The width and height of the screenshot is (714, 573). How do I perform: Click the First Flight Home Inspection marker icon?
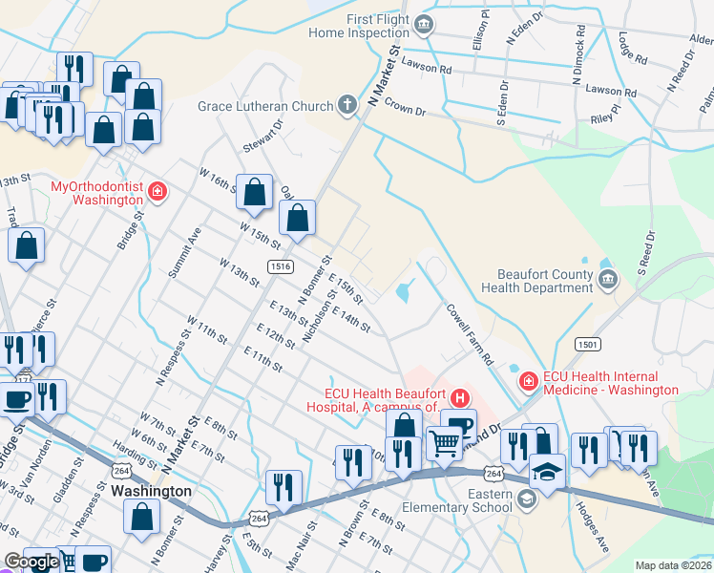click(x=426, y=24)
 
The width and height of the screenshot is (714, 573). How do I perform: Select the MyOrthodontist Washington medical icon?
click(x=157, y=194)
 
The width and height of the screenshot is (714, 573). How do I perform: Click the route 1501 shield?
click(x=587, y=343)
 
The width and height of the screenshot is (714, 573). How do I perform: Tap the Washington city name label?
click(x=151, y=491)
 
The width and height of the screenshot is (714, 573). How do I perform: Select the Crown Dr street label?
click(x=405, y=110)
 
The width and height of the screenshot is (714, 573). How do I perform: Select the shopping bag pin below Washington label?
click(x=142, y=517)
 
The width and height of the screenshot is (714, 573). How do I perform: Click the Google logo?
click(x=31, y=562)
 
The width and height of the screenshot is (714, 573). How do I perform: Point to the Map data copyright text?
click(x=672, y=565)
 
